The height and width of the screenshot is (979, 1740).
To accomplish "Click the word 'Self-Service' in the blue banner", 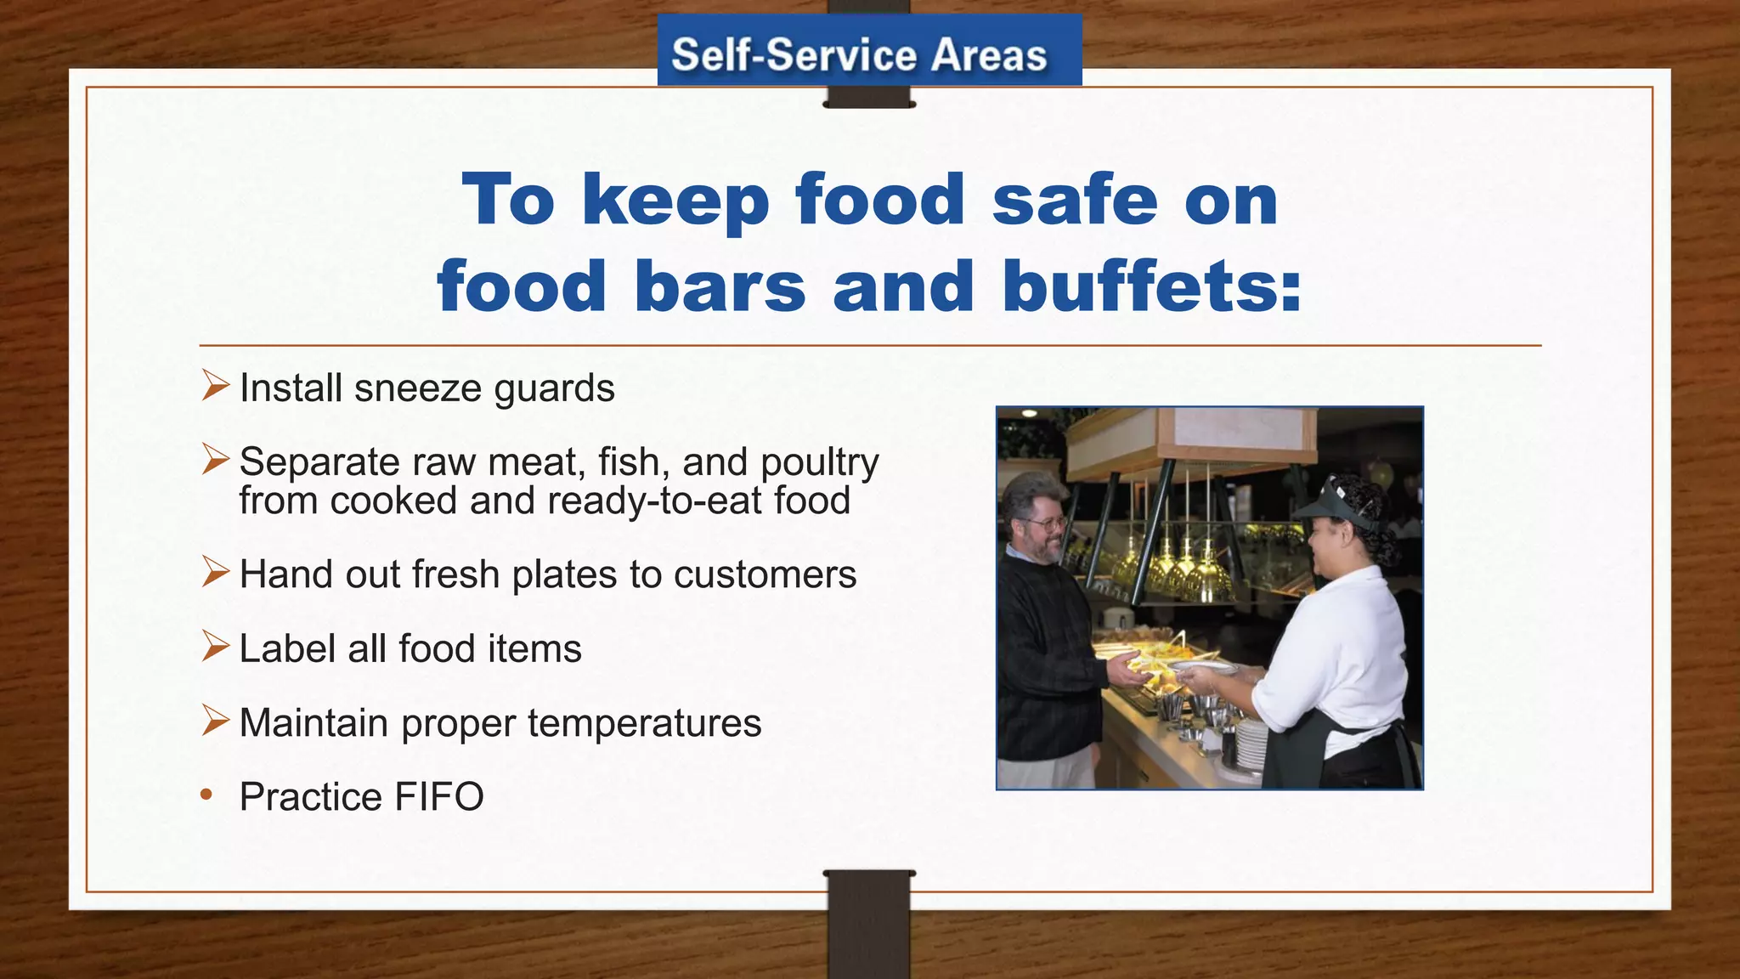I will point(794,55).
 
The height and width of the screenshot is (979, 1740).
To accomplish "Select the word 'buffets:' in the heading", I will point(1152,286).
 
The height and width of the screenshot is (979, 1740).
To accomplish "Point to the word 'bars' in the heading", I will point(720,286).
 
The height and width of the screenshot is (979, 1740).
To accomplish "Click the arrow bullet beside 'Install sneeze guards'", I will point(215,387).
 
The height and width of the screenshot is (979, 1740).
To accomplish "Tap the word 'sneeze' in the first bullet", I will point(418,388).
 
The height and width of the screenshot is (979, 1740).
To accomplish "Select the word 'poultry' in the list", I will point(819,463).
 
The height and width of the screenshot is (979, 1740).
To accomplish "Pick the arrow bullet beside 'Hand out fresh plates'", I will point(215,572).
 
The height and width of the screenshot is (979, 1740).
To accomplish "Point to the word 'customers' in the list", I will point(765,574).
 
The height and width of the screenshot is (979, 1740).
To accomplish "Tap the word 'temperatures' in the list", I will point(644,723).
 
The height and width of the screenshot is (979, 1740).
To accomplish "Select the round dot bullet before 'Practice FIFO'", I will point(206,795).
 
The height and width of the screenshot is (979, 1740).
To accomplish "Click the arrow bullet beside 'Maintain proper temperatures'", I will point(215,722).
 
